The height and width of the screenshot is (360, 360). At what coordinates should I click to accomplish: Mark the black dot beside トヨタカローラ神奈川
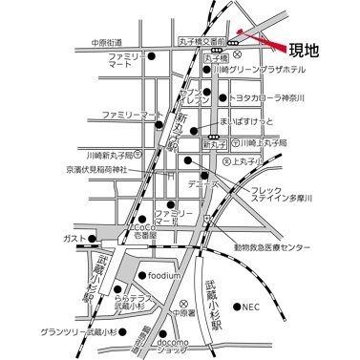[223, 97]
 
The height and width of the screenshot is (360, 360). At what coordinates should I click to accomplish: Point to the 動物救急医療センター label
[271, 246]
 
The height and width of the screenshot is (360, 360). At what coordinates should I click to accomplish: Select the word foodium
[165, 277]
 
